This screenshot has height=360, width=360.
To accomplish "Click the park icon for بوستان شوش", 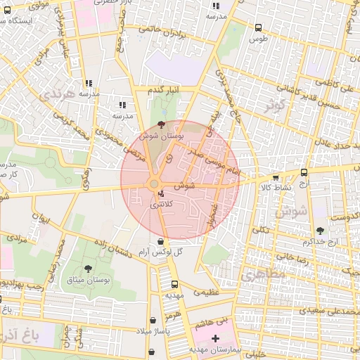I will tap(162, 124).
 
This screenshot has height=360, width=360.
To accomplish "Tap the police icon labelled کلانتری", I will tap(162, 193).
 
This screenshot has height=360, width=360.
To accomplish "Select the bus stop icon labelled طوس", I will tap(258, 28).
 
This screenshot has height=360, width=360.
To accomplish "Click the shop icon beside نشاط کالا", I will tap(275, 177).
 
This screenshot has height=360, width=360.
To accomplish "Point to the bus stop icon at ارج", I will tap(304, 172).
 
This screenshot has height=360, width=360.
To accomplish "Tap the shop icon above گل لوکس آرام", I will tap(162, 241).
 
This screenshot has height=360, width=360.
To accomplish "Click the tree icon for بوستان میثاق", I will tap(88, 269).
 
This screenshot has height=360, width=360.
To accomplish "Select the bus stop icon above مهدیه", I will tap(174, 285).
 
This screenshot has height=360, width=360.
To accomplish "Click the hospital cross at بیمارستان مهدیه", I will tap(215, 339).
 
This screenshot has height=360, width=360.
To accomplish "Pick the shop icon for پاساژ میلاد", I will tap(153, 320).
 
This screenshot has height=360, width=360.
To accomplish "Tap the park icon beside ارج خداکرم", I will tap(321, 231).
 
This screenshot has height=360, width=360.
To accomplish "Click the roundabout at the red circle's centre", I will tap(154, 184).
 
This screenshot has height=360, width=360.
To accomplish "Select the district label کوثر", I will tap(273, 105).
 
